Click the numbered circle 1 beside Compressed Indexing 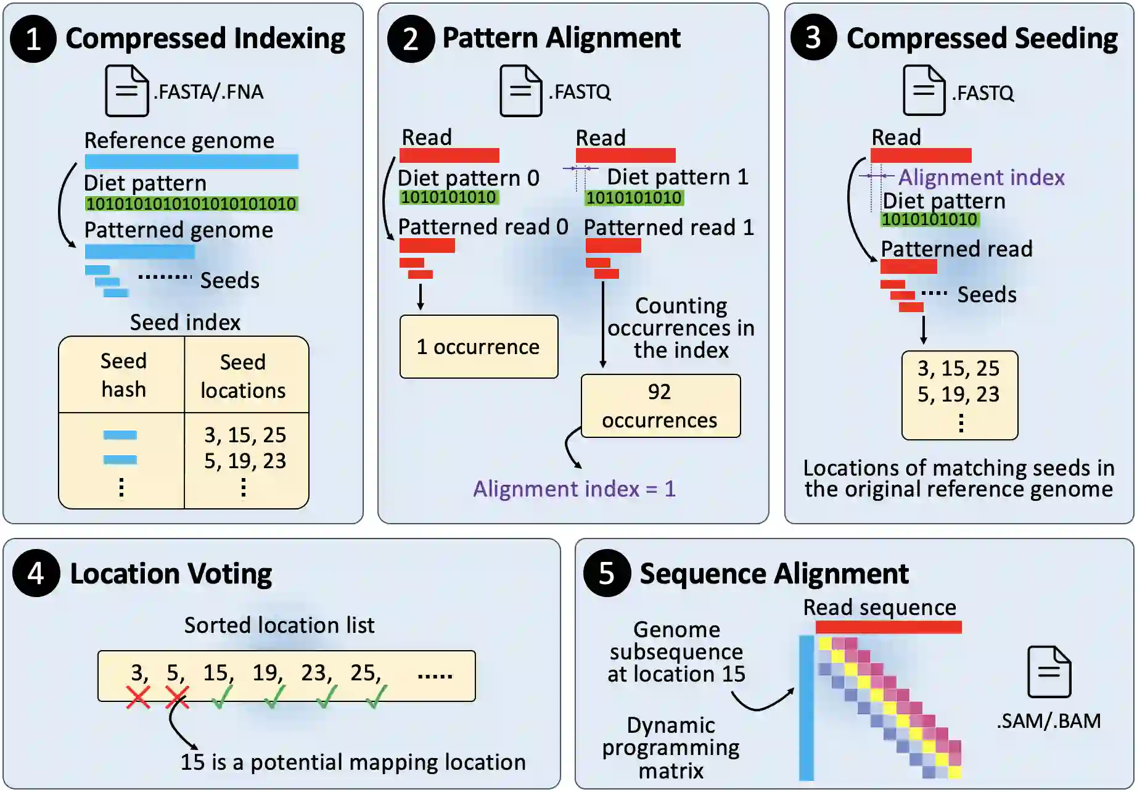click(x=33, y=39)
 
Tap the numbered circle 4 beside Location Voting click(x=36, y=573)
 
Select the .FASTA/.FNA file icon click(x=126, y=91)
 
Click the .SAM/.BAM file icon click(x=1049, y=672)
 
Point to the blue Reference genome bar click(x=191, y=162)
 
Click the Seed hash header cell click(x=123, y=375)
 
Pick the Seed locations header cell click(x=244, y=376)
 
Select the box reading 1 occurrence click(x=478, y=347)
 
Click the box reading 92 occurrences click(x=660, y=406)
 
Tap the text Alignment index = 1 click(x=574, y=489)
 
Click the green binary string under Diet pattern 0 click(x=448, y=197)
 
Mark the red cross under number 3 click(x=138, y=697)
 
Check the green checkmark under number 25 click(x=376, y=697)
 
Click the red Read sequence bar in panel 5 click(x=888, y=627)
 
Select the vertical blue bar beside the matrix click(x=806, y=707)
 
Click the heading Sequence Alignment click(x=774, y=574)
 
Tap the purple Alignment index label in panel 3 click(x=981, y=178)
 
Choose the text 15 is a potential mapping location click(x=353, y=762)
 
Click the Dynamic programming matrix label click(x=671, y=748)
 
